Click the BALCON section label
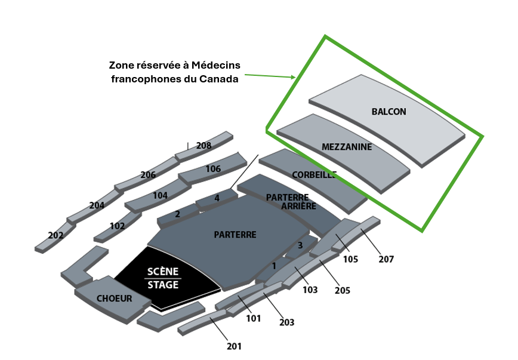pos(388,112)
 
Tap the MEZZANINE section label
pos(347,147)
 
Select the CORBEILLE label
pos(314,175)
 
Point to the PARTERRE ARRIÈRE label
pos(289,202)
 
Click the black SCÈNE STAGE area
pos(163,279)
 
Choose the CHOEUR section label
pos(114,299)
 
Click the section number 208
pos(203,146)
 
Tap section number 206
pos(148,175)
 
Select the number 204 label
pos(97,205)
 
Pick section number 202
pos(55,236)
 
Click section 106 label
pos(213,169)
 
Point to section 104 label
pos(160,195)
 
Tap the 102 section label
pos(117,226)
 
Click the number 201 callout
pos(234,346)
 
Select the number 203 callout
pos(286,322)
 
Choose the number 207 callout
pos(386,259)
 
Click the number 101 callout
pos(254,318)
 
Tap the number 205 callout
pos(342,291)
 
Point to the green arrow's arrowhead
pos(293,77)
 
